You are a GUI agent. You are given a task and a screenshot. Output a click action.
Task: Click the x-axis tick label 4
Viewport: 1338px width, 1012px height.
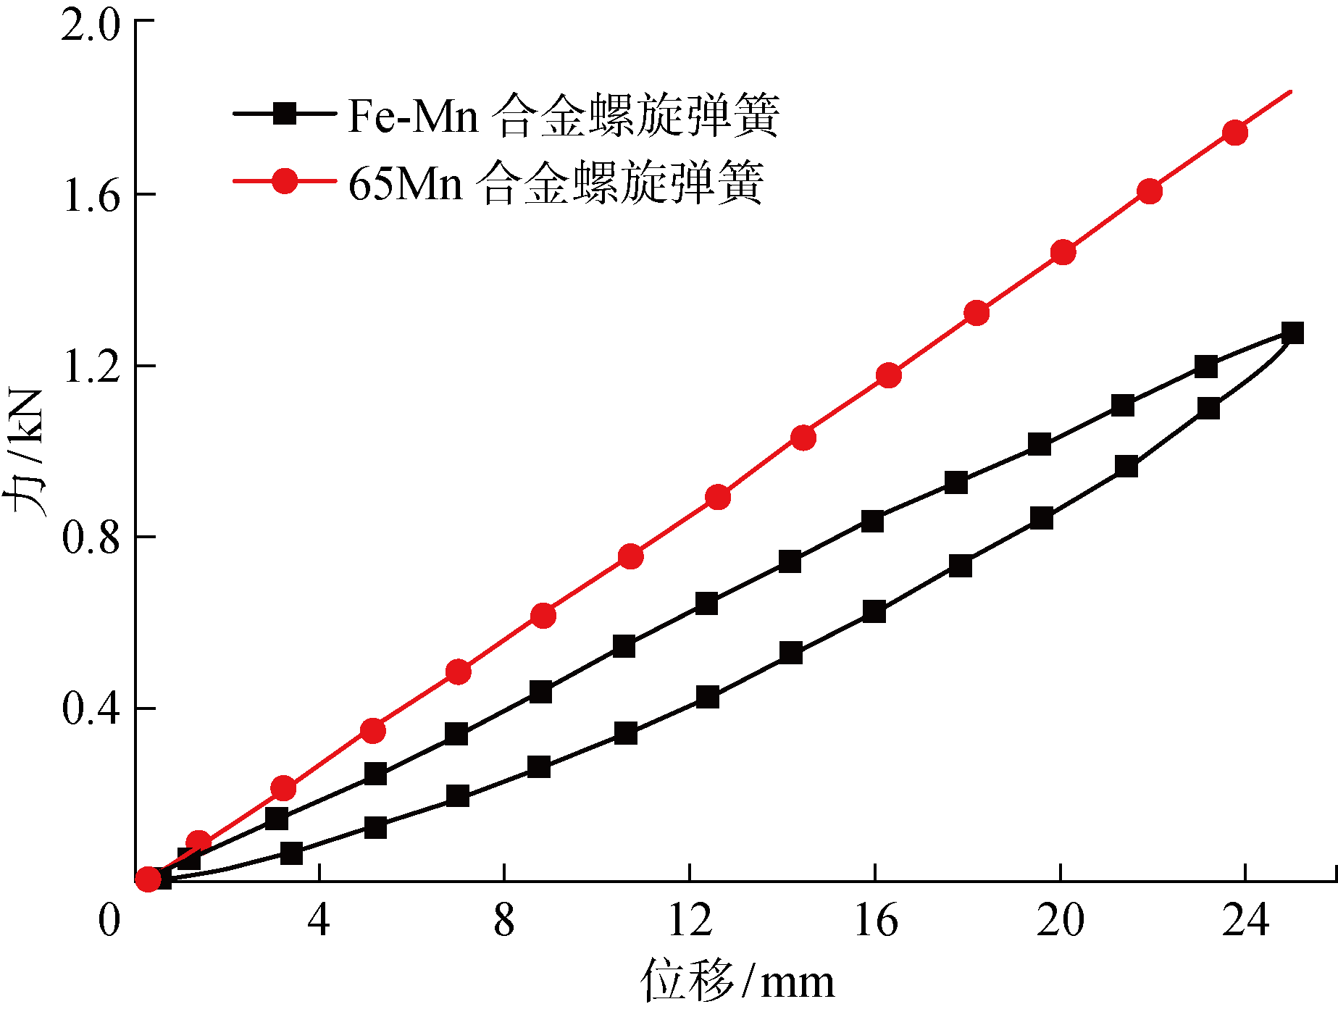point(319,921)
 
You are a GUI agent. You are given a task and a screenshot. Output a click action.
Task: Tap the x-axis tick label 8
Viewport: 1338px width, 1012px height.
point(504,921)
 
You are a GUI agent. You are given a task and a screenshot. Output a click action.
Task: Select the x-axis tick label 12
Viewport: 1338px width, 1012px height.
point(690,921)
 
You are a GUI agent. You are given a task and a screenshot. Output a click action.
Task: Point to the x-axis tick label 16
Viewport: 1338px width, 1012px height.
point(875,921)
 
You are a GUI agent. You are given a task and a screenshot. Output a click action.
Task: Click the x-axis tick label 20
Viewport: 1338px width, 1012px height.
point(1061,921)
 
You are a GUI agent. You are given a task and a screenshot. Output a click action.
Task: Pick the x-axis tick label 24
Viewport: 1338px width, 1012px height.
point(1246,921)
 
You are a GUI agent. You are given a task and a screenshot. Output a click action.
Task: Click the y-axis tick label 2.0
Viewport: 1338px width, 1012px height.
point(90,26)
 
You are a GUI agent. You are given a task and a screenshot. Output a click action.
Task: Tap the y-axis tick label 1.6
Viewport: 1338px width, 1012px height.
point(90,195)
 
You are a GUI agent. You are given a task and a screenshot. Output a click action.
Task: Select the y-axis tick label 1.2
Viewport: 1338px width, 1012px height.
point(90,367)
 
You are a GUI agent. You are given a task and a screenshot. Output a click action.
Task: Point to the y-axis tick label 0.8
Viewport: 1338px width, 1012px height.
point(90,538)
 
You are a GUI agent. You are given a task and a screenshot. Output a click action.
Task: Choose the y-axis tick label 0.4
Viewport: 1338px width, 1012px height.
point(90,708)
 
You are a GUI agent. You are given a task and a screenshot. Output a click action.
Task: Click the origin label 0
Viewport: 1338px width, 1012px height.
point(109,921)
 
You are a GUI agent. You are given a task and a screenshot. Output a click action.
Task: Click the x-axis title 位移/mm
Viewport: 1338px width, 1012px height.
point(737,982)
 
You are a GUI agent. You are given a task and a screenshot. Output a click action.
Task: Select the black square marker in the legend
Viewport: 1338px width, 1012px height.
point(285,114)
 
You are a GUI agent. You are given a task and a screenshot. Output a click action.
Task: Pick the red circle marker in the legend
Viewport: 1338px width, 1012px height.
point(285,180)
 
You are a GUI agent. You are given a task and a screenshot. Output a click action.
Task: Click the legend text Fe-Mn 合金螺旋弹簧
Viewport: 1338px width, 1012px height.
point(563,115)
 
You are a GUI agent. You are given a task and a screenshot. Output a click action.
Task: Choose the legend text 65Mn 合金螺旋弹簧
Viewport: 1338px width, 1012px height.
point(556,182)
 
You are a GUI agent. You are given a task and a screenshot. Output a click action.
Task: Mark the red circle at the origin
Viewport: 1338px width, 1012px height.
point(148,879)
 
